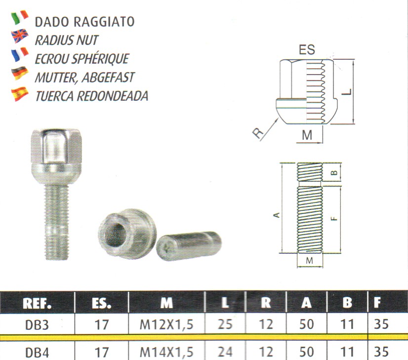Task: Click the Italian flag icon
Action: (20, 17)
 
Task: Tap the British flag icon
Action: (20, 36)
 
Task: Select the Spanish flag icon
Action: (20, 94)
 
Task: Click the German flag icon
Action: (20, 74)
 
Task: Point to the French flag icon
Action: (20, 54)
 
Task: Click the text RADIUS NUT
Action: (67, 40)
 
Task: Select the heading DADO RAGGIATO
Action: (84, 22)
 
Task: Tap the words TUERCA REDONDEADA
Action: (91, 96)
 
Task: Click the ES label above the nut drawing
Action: (307, 50)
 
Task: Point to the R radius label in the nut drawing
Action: (258, 133)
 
